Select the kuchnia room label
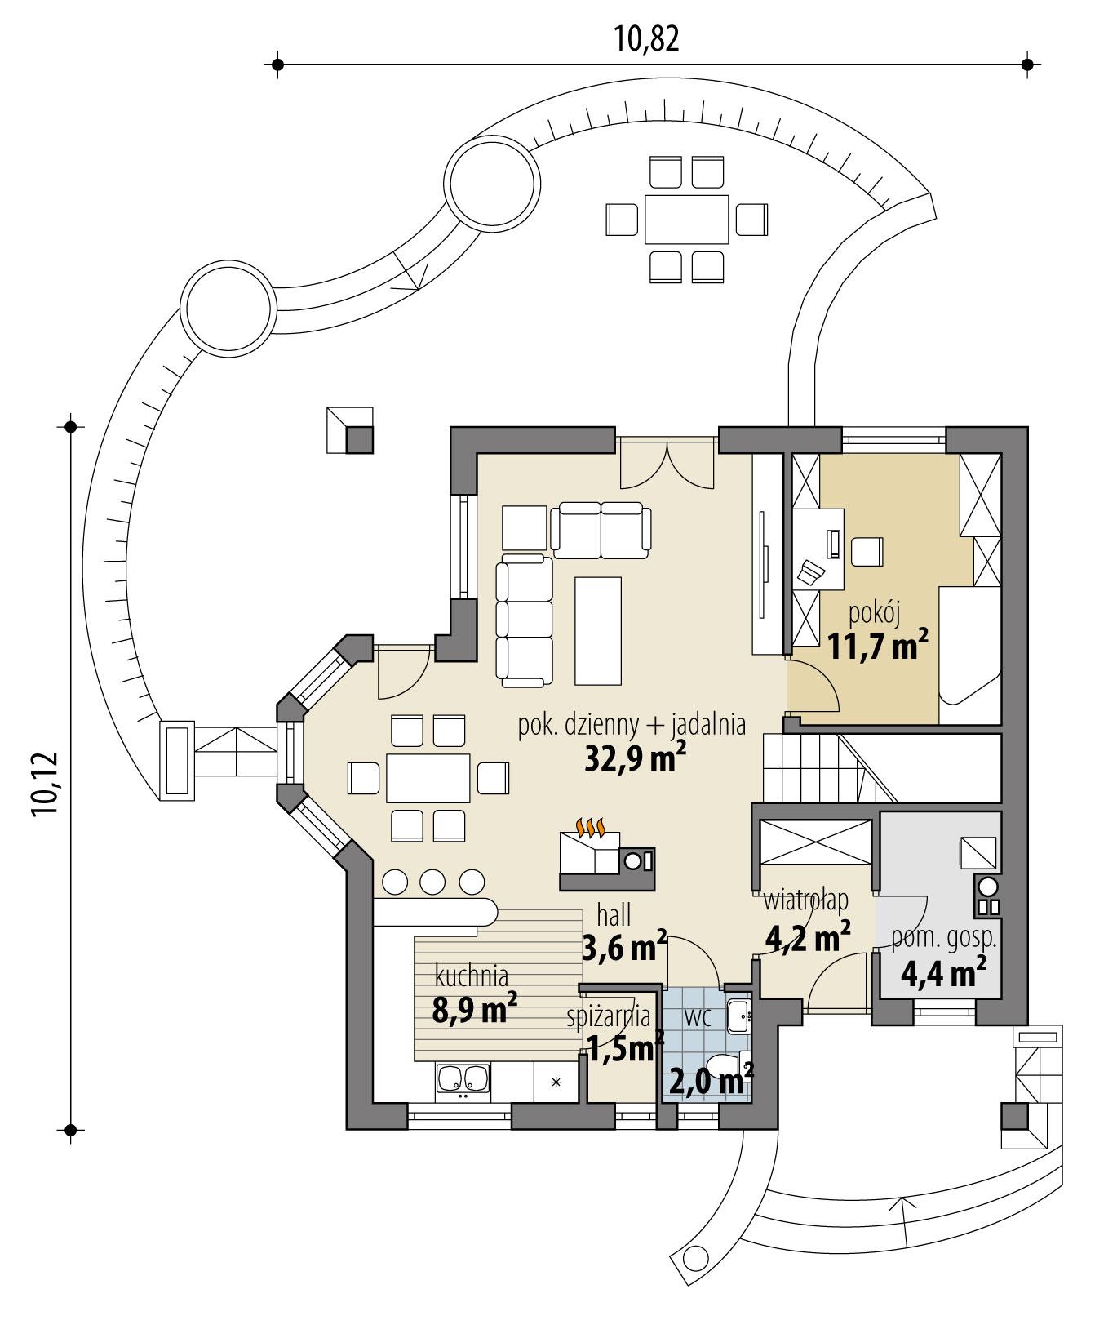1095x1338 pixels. [472, 976]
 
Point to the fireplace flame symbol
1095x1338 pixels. [591, 828]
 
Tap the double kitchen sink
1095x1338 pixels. [463, 1079]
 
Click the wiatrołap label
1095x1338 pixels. [805, 900]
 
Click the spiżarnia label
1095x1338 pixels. [610, 1017]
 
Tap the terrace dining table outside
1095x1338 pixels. [686, 219]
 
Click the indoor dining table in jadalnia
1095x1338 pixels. [428, 778]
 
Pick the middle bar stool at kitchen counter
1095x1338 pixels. [432, 882]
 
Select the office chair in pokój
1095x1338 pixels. [867, 551]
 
